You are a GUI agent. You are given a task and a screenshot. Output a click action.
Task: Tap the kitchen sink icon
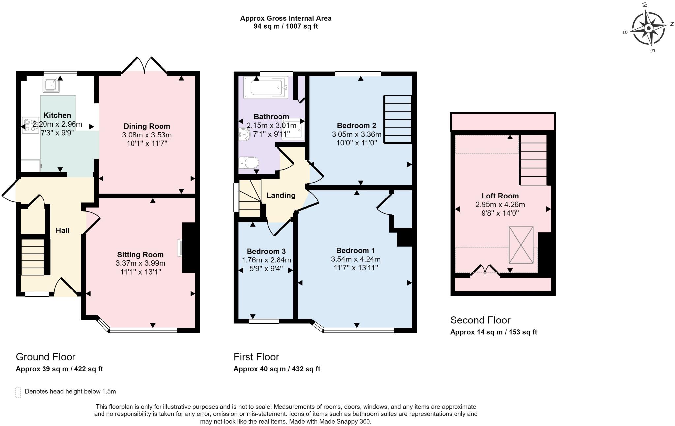[x=51, y=85]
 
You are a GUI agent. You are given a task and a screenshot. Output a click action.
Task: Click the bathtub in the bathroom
[x=266, y=88]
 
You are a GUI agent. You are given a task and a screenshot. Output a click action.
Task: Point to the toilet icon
[x=249, y=162]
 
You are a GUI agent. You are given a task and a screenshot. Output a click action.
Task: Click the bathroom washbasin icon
[x=244, y=134]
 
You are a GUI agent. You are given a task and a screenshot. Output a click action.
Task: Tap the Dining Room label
[x=147, y=126]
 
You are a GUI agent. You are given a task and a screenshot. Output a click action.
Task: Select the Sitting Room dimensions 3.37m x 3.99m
[x=140, y=263]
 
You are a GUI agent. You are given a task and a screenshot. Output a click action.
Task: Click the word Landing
[x=281, y=195]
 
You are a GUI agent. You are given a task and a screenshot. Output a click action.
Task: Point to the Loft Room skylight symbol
[x=521, y=245]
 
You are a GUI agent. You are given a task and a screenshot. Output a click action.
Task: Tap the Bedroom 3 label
[x=266, y=251]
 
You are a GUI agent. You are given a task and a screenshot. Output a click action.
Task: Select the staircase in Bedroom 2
[x=398, y=119]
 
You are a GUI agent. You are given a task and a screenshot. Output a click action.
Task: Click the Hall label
[x=62, y=230]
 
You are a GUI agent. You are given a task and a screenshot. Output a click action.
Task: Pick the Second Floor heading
[x=480, y=320]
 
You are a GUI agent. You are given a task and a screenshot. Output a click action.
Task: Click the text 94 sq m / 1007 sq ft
[x=285, y=26]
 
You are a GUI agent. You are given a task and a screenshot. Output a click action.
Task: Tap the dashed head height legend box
[x=18, y=392]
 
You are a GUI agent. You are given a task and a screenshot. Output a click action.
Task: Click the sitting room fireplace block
[x=189, y=248]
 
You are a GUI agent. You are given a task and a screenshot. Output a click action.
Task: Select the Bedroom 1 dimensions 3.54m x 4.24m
[x=355, y=259]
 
